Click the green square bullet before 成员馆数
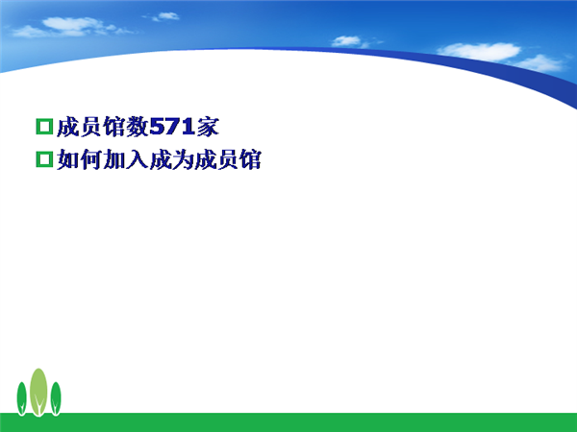point(44,127)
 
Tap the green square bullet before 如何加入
point(44,159)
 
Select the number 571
point(172,127)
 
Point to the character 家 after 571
point(208,127)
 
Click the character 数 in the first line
point(138,127)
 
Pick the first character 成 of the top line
point(68,127)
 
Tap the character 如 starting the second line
point(68,159)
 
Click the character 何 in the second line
point(91,159)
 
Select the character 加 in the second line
point(114,159)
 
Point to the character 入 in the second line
point(137,159)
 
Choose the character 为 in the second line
point(183,159)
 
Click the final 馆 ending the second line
point(251,159)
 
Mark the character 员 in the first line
point(91,127)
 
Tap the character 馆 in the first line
point(114,127)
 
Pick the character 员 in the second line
point(228,159)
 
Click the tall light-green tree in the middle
point(38,392)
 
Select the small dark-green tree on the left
point(22,398)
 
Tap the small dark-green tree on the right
point(56,398)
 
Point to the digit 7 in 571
point(172,127)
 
